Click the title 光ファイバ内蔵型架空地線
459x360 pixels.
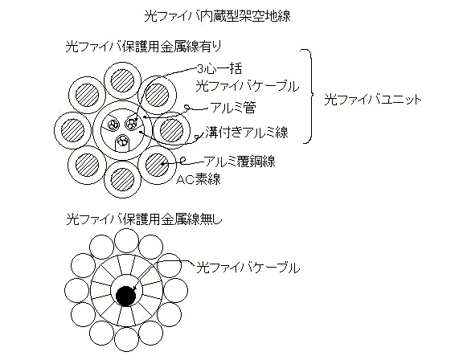pyautogui.click(x=218, y=16)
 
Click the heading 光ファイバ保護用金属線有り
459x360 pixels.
pyautogui.click(x=143, y=47)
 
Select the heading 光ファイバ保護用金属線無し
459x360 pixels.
pyautogui.click(x=145, y=219)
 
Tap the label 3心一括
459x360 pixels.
pyautogui.click(x=219, y=69)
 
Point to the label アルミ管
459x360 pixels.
pyautogui.click(x=233, y=108)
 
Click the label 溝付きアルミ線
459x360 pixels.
pyautogui.click(x=247, y=132)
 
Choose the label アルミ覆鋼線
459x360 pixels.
pyautogui.click(x=240, y=161)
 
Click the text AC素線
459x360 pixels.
pyautogui.click(x=199, y=179)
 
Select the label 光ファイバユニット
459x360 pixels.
pyautogui.click(x=373, y=100)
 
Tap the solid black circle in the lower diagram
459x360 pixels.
pyautogui.click(x=126, y=297)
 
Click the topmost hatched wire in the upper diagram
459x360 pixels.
pyautogui.click(x=122, y=80)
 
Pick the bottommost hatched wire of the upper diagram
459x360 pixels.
pyautogui.click(x=122, y=180)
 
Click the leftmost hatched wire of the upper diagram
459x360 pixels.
pyautogui.click(x=73, y=130)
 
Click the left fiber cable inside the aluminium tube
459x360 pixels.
pyautogui.click(x=113, y=125)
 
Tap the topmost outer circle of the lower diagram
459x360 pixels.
pyautogui.click(x=126, y=241)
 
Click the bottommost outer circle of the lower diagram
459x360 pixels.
pyautogui.click(x=126, y=340)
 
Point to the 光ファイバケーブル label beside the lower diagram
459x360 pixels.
pyautogui.click(x=248, y=268)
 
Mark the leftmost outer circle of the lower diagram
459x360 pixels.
pyautogui.click(x=76, y=291)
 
